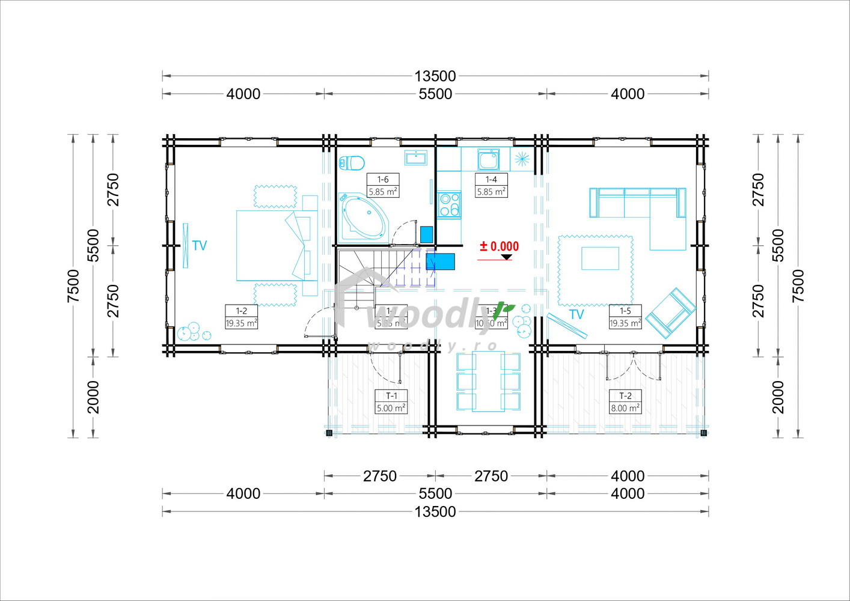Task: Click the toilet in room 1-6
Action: [352, 163]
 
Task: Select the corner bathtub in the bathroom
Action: [361, 217]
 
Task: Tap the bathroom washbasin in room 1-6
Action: [415, 157]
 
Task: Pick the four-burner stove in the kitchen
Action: [449, 204]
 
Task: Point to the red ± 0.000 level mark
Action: [499, 246]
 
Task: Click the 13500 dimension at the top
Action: [435, 76]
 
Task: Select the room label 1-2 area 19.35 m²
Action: [241, 317]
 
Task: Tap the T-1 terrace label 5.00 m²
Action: [391, 402]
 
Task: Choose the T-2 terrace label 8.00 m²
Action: [625, 402]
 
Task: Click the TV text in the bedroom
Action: [200, 245]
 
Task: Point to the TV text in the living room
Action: [576, 314]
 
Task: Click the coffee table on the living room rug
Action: [600, 258]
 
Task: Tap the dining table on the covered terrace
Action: [488, 382]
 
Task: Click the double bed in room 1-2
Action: [274, 245]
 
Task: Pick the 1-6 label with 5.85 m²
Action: [383, 186]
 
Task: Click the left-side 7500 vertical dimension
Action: [73, 286]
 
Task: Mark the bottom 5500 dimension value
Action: [435, 494]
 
